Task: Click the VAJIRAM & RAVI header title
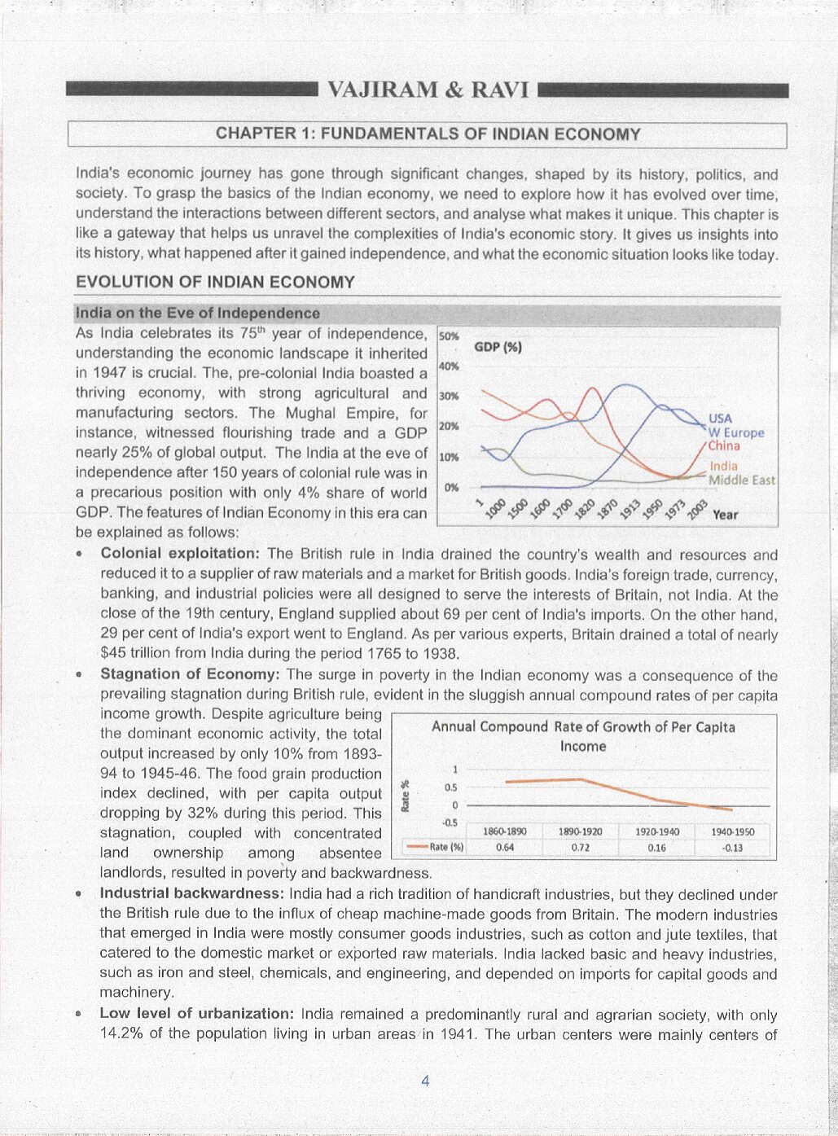[x=428, y=90]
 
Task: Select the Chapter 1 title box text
[x=428, y=134]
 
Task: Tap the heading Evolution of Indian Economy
[x=215, y=283]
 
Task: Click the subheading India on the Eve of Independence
[x=197, y=314]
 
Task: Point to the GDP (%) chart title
[x=498, y=348]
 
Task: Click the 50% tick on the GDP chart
[x=449, y=336]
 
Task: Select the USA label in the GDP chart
[x=720, y=419]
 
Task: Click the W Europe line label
[x=736, y=432]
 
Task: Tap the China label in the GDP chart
[x=724, y=446]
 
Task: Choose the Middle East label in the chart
[x=741, y=480]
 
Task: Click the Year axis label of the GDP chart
[x=725, y=515]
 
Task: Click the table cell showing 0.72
[x=581, y=847]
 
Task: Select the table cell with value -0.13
[x=732, y=847]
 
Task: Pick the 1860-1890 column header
[x=505, y=831]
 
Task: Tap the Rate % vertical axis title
[x=405, y=796]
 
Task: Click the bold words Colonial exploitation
[x=180, y=555]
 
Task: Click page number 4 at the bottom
[x=425, y=1081]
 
